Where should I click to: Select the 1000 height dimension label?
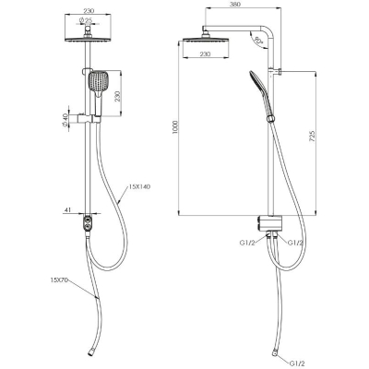coord(175,127)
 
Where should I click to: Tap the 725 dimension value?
coord(312,136)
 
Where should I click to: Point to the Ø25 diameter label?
coord(86,20)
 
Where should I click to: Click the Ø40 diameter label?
coord(65,119)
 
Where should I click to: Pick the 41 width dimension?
coord(67,209)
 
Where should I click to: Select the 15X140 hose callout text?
coord(139,186)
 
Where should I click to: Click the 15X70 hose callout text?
coord(59,280)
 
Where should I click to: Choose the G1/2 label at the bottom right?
coord(297,363)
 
